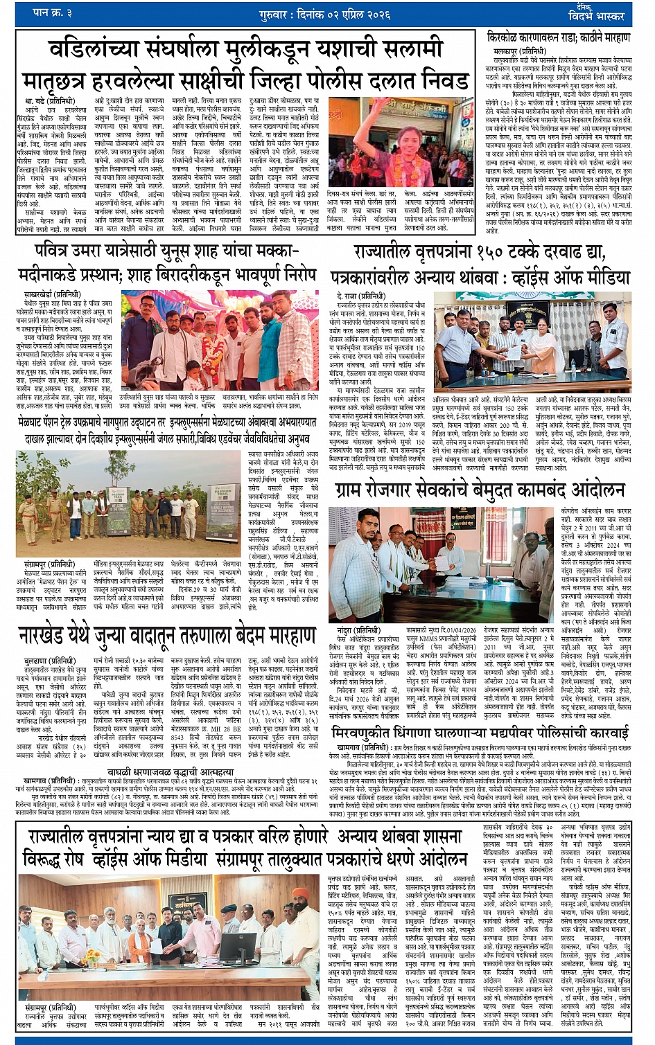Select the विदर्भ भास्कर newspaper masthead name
[x=595, y=15]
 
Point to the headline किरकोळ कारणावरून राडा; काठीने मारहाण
[x=559, y=37]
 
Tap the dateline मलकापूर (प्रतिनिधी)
[x=520, y=52]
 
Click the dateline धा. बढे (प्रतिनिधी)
[x=49, y=101]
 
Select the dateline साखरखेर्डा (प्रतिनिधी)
[x=53, y=294]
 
